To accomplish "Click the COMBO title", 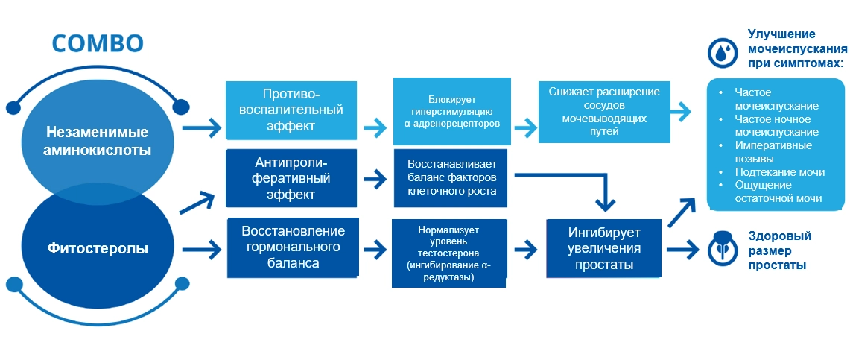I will coord(97,43).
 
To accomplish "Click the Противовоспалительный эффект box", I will coord(292,110).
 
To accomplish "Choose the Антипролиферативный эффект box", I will coord(292,178).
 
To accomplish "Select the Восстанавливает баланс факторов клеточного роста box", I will coord(452,177).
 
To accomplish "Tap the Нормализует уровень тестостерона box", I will coord(452,251).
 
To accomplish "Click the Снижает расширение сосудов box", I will coord(604,111).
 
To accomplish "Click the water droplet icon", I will coord(721,51).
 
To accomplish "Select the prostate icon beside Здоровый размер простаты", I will coord(721,248).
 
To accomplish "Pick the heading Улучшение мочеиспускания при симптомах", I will coord(796,48).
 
